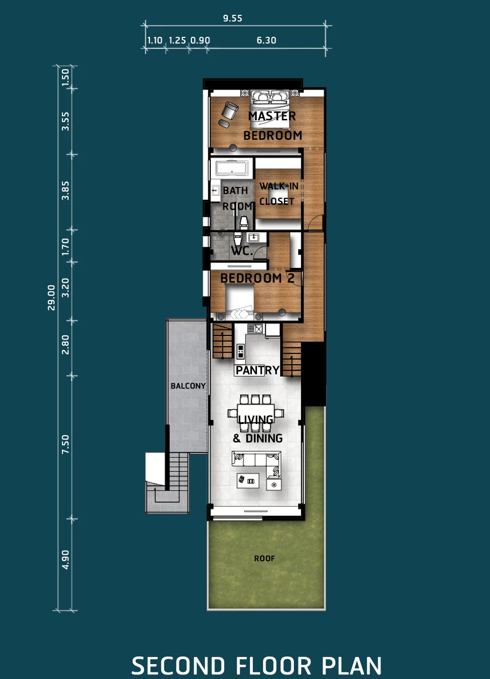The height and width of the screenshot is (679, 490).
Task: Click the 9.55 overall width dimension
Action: pos(232,18)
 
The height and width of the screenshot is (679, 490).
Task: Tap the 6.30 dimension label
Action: pos(266,40)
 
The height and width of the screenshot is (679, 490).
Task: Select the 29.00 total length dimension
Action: pos(51,298)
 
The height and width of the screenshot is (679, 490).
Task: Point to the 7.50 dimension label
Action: pos(66,444)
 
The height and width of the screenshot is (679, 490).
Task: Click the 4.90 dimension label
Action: pos(66,560)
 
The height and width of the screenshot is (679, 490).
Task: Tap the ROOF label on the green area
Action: pos(264,558)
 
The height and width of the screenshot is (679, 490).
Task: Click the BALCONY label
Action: pos(188,386)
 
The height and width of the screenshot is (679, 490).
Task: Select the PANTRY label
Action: pos(257,370)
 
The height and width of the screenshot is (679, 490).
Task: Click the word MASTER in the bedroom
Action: pos(272,116)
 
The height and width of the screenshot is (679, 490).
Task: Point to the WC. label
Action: pos(242,251)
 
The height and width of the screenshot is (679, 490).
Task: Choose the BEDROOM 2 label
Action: pos(257,278)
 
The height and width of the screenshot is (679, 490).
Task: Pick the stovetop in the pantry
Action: pos(240,351)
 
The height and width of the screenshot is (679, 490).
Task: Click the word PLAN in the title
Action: pos(352,666)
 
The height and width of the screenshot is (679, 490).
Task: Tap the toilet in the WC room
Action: pos(238,240)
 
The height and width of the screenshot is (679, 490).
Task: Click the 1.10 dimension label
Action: pos(155,40)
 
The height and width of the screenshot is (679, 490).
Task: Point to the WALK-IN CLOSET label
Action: pos(279,194)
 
